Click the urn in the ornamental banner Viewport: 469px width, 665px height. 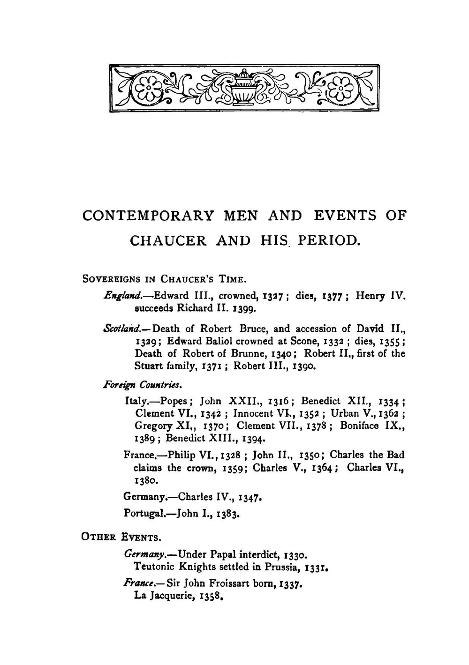point(243,87)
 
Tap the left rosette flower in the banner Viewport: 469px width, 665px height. point(147,88)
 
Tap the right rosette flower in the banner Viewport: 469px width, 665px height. point(341,88)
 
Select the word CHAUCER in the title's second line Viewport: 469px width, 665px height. point(167,241)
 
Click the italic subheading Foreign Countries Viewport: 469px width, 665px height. point(142,386)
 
